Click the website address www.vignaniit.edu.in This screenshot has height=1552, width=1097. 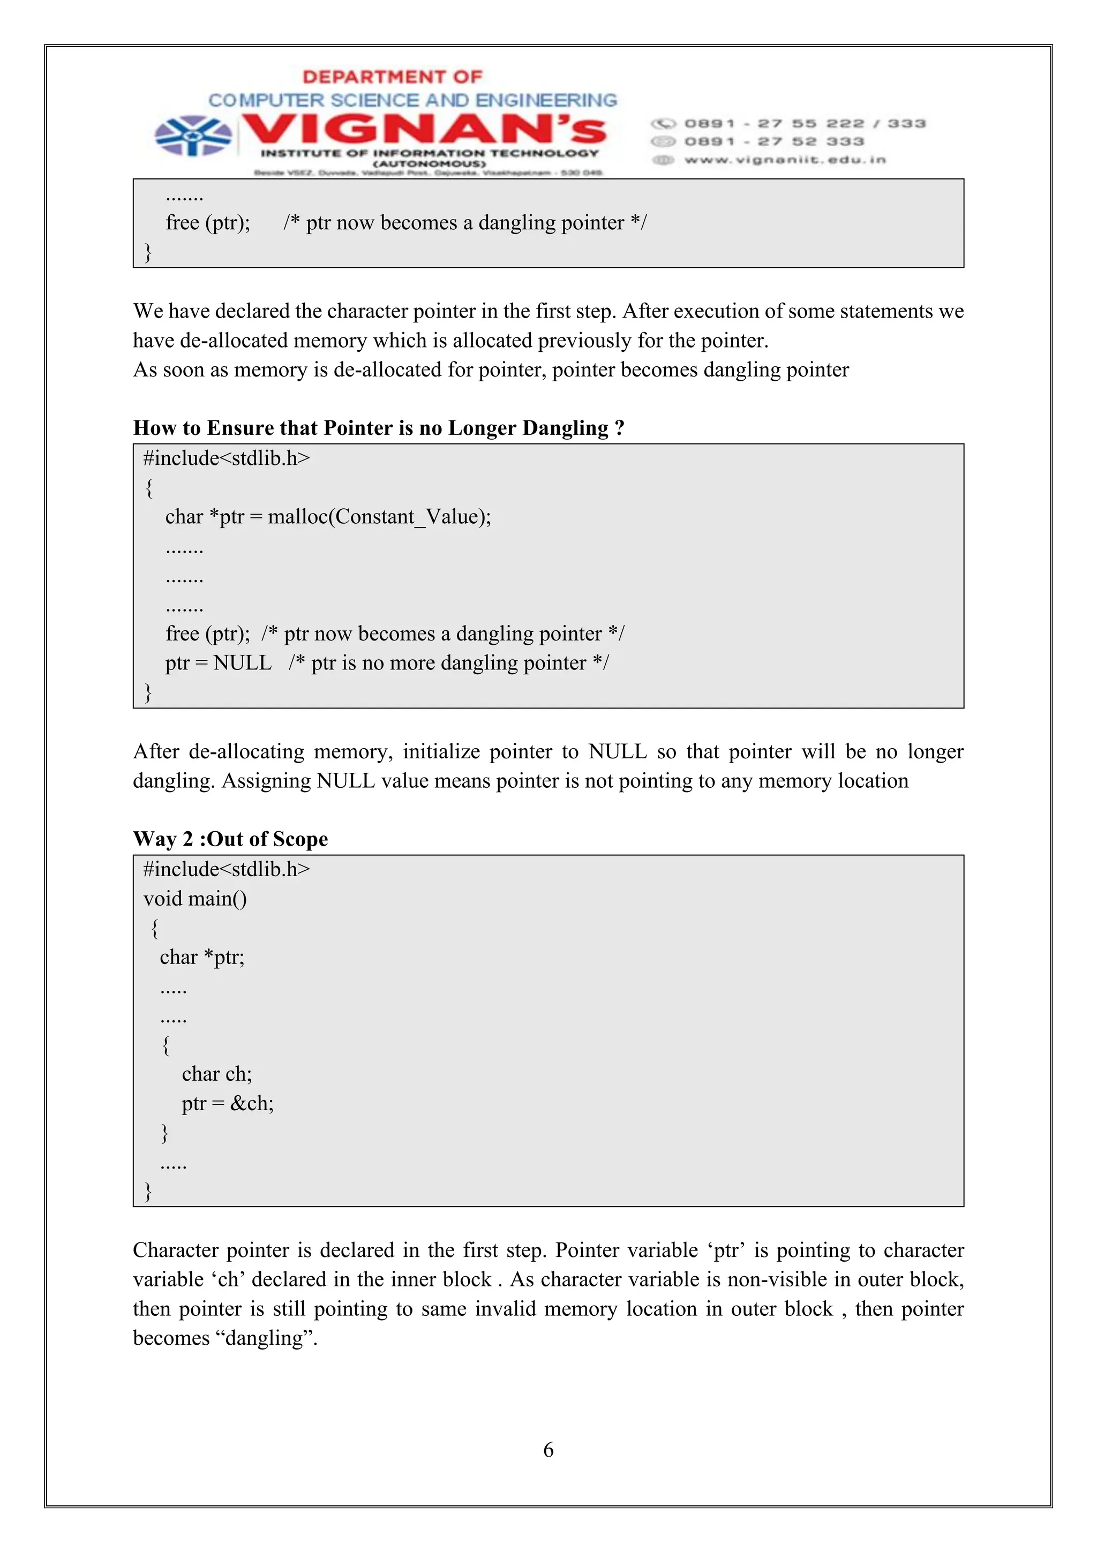(x=784, y=160)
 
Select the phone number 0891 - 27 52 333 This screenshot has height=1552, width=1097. (x=774, y=141)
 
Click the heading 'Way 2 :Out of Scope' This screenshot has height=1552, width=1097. (x=230, y=839)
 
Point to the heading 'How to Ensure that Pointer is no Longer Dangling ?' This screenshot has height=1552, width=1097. (x=379, y=428)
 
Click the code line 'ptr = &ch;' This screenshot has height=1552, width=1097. (x=228, y=1103)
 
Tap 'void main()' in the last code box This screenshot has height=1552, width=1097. (x=196, y=898)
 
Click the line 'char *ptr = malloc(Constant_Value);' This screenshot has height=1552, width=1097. (x=328, y=516)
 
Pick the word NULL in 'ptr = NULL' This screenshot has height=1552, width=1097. (x=242, y=662)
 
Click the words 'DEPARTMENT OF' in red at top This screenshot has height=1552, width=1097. (x=392, y=77)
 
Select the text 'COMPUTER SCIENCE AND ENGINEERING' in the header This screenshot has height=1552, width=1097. (x=412, y=100)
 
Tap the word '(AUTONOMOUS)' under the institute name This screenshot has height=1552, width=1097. (x=429, y=163)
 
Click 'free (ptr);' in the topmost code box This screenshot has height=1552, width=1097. (x=207, y=222)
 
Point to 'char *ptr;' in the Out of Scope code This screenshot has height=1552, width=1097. (x=202, y=957)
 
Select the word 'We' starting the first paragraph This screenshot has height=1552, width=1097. (x=147, y=311)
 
